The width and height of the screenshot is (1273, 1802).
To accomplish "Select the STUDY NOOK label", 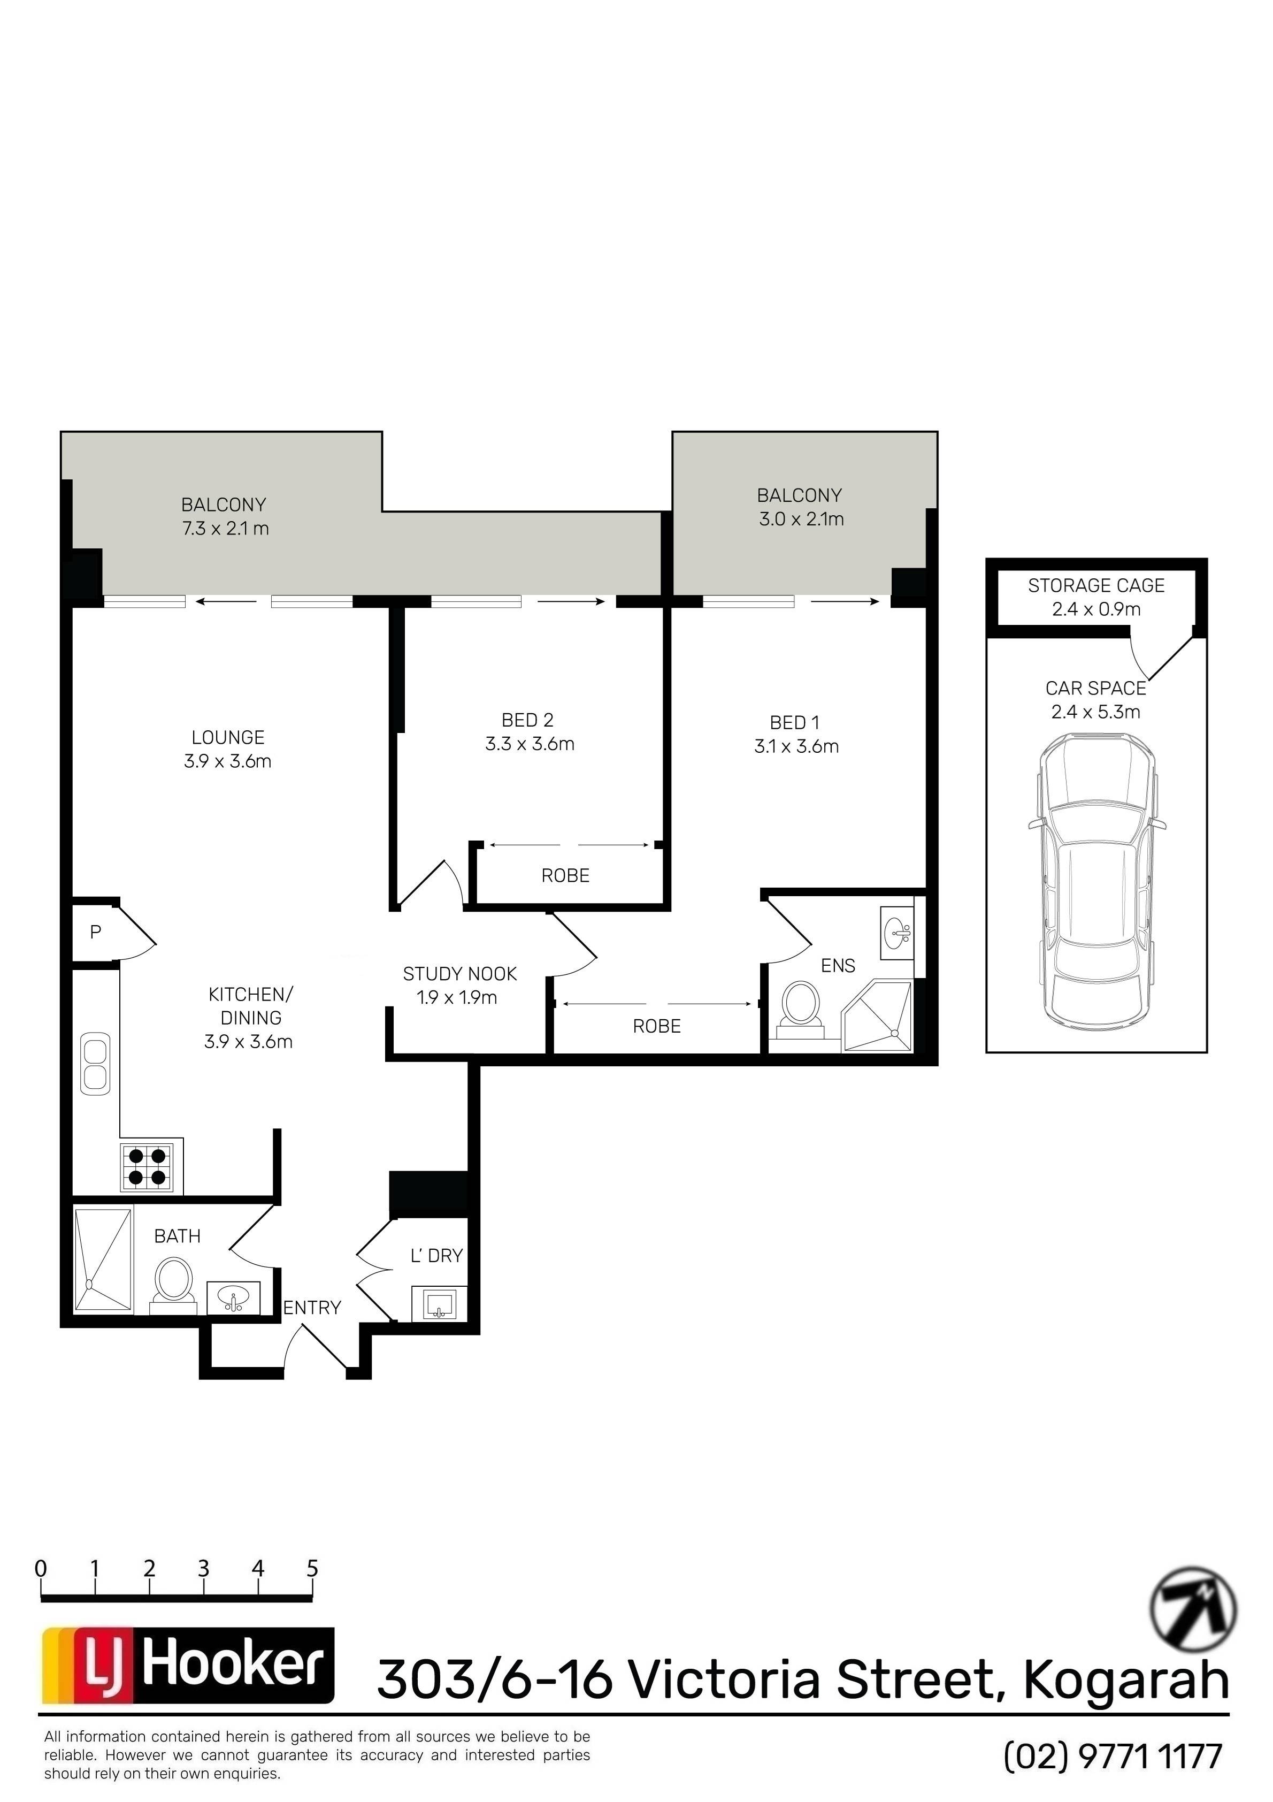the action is [460, 974].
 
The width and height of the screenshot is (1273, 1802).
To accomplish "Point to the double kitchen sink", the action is [96, 1064].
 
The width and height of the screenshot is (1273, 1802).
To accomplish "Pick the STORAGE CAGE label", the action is [1096, 585].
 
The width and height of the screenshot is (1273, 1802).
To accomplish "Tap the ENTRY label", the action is [312, 1308].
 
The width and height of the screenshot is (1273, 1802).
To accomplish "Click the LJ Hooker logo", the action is [188, 1666].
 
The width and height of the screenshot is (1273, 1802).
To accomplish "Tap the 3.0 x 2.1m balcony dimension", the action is [801, 519].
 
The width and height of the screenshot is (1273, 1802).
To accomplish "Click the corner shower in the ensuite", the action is [877, 1017].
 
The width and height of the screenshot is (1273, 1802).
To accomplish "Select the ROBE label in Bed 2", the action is [565, 875].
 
